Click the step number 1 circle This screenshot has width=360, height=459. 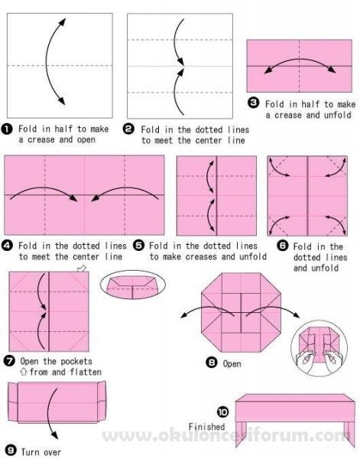point(7,129)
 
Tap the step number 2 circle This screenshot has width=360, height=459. point(128,129)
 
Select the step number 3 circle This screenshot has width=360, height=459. point(253,103)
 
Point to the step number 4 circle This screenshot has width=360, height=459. point(7,246)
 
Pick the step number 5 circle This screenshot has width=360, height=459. point(139,246)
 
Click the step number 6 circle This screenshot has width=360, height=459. point(283,246)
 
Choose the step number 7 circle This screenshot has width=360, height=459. point(9,360)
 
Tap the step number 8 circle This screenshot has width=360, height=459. point(212,363)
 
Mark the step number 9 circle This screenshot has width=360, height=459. point(11,451)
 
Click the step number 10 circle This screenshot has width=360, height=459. point(223,412)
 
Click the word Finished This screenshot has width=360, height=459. point(207,427)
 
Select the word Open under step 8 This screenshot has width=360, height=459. point(232,364)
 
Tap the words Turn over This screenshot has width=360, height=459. point(41,452)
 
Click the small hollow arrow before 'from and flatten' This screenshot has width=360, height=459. point(24,372)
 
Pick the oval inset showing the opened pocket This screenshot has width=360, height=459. point(133,285)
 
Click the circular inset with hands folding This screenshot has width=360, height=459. point(319,348)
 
